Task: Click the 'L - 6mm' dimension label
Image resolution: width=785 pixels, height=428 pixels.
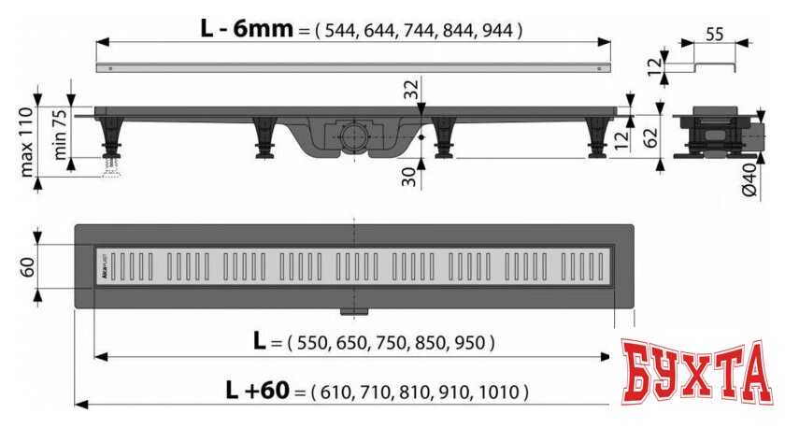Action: [x=245, y=28]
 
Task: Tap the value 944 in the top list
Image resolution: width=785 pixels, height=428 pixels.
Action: [x=497, y=30]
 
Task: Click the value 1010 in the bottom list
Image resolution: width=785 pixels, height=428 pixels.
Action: [x=501, y=391]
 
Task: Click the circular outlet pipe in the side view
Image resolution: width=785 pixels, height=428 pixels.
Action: [x=353, y=134]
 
